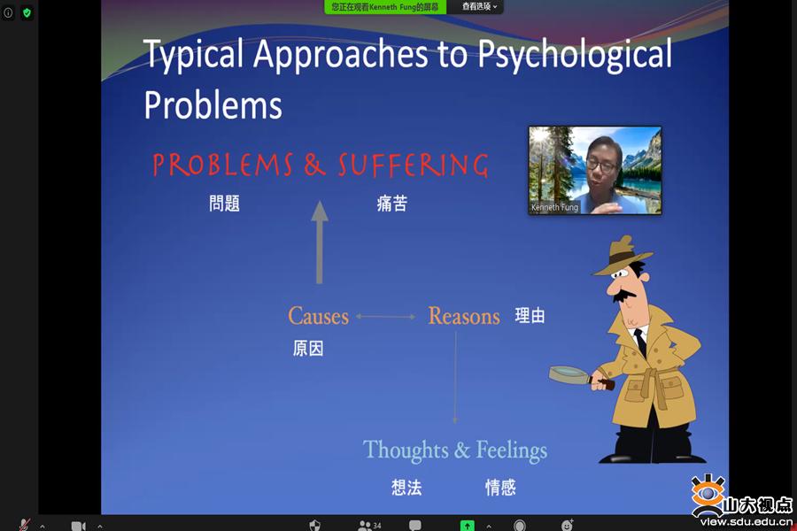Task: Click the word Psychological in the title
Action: [575, 54]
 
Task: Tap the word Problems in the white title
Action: [213, 104]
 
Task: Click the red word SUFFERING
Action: [414, 165]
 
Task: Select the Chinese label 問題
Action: [224, 204]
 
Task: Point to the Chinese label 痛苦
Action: [392, 204]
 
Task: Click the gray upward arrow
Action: [319, 242]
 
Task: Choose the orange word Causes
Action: [318, 316]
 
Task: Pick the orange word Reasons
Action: [464, 316]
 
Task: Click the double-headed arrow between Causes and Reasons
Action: [386, 317]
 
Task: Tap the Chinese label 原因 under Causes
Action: [308, 349]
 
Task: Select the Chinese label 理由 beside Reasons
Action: [530, 316]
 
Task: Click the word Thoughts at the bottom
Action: [406, 450]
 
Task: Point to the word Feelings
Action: [511, 450]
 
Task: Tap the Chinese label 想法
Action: [406, 488]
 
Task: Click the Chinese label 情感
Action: [500, 488]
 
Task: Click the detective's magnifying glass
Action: [579, 377]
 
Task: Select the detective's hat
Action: [622, 256]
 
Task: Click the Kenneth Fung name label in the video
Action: [554, 207]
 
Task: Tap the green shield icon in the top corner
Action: [27, 12]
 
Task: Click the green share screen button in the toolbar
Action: [467, 526]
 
